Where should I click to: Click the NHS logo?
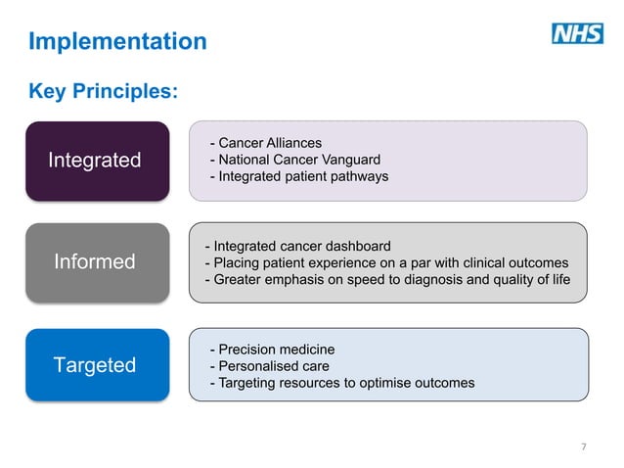click(578, 34)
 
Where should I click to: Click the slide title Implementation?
click(117, 41)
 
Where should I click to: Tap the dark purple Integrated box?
click(97, 161)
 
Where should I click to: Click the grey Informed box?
click(97, 262)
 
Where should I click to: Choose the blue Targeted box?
click(97, 365)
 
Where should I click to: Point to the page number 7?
click(584, 446)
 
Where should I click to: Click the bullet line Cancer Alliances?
click(265, 143)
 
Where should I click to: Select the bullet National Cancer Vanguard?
click(294, 160)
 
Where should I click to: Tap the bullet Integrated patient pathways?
click(298, 176)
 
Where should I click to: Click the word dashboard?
click(356, 246)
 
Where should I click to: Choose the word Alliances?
click(291, 143)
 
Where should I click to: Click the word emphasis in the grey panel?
click(293, 280)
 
